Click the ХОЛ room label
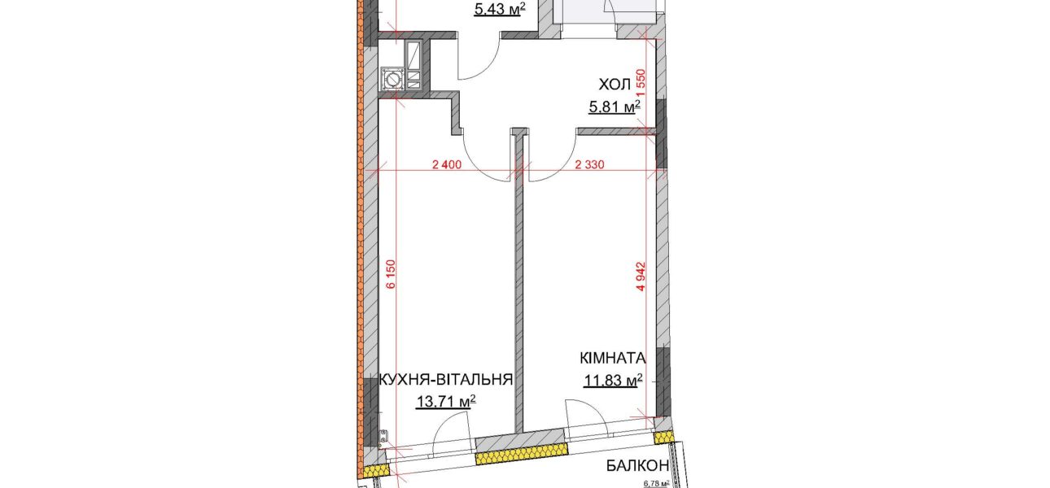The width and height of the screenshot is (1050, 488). pyautogui.click(x=615, y=85)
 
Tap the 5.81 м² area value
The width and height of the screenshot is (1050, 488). pyautogui.click(x=615, y=107)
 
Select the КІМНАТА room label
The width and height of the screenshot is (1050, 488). pyautogui.click(x=613, y=359)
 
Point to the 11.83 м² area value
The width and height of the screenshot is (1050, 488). pyautogui.click(x=613, y=381)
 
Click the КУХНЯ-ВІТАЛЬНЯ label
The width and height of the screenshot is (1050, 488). pyautogui.click(x=445, y=379)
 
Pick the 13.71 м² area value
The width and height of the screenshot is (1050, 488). pyautogui.click(x=446, y=401)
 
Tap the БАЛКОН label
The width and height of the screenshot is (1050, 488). pyautogui.click(x=637, y=465)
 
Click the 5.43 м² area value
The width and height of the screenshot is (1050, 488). pyautogui.click(x=500, y=10)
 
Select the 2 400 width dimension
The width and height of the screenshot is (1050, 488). pyautogui.click(x=447, y=164)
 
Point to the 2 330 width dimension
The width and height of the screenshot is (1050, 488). pyautogui.click(x=589, y=164)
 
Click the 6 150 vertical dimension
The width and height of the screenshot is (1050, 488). pyautogui.click(x=391, y=274)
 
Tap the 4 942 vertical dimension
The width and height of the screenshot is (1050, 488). pyautogui.click(x=641, y=277)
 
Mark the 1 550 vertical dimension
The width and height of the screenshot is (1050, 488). pyautogui.click(x=641, y=83)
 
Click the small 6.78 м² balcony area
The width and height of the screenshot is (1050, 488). pyautogui.click(x=656, y=484)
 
